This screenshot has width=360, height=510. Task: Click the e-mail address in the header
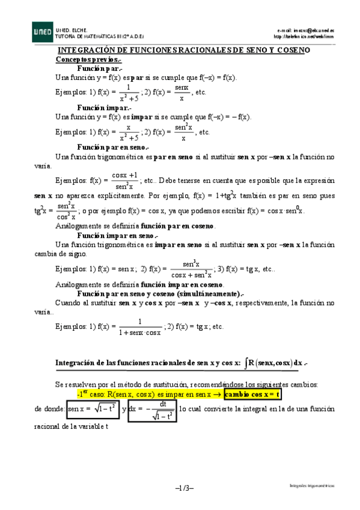305,29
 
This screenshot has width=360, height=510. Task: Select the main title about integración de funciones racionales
183,52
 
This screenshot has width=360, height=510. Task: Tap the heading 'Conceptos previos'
88,60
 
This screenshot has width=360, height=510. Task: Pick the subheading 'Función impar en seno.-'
117,236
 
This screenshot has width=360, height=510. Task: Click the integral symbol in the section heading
246,363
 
